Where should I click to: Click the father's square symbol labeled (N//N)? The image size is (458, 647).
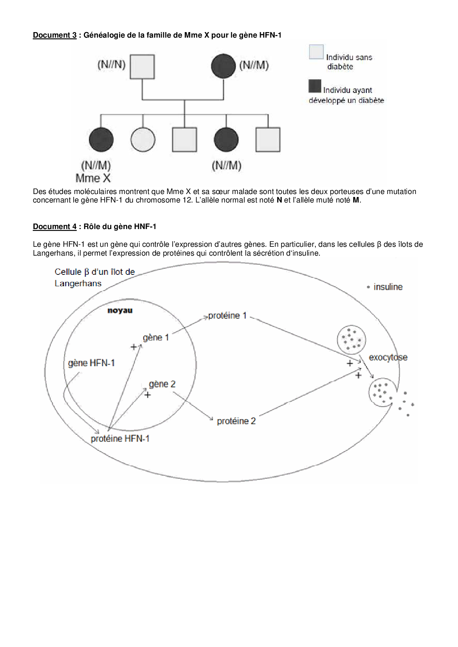[x=142, y=67]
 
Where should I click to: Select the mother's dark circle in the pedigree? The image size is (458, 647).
[x=223, y=66]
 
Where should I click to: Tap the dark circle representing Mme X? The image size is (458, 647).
[x=101, y=139]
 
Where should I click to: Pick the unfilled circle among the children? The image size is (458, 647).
[x=143, y=139]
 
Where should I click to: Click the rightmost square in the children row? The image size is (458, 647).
[x=268, y=139]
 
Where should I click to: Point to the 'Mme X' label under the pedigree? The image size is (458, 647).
[x=93, y=178]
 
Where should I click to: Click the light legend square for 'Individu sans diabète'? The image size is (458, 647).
[x=316, y=52]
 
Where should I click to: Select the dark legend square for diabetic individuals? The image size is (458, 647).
[x=315, y=86]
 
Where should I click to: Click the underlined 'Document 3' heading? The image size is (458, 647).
[x=55, y=35]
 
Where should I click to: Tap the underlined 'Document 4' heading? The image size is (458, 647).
[x=55, y=226]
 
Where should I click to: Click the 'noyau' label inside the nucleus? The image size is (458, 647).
[x=120, y=311]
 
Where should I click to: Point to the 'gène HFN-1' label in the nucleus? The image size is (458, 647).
[x=91, y=363]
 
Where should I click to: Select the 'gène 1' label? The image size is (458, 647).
[x=156, y=338]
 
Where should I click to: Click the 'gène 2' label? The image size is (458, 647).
[x=162, y=384]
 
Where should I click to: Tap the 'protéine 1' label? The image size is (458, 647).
[x=227, y=316]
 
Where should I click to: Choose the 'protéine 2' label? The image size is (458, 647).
[x=236, y=421]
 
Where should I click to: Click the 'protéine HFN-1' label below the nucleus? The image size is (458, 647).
[x=120, y=439]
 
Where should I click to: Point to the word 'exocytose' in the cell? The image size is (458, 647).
[x=388, y=357]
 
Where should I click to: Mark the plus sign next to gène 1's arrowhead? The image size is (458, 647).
[x=134, y=347]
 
